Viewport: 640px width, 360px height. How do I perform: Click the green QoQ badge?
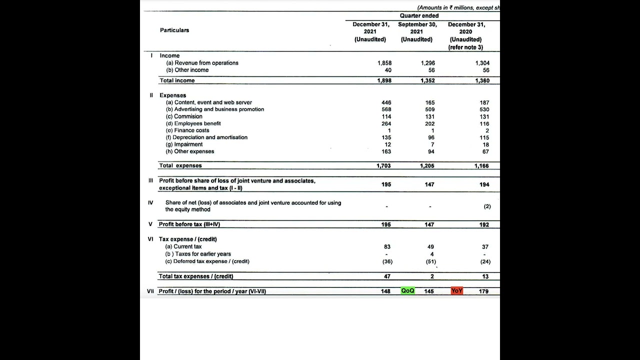click(x=407, y=291)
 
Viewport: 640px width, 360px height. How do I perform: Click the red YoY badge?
click(x=456, y=291)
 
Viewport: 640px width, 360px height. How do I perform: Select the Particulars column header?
click(x=174, y=30)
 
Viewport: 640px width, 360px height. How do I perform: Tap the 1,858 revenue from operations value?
click(x=384, y=63)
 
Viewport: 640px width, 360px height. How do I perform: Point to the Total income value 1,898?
click(x=384, y=80)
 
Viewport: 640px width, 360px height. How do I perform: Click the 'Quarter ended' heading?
click(x=419, y=16)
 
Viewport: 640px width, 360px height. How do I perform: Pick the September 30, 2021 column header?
click(x=417, y=31)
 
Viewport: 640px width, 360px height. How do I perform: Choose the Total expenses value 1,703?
click(x=383, y=166)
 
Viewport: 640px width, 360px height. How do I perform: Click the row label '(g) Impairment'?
click(x=184, y=144)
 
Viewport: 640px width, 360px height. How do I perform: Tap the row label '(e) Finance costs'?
click(x=187, y=130)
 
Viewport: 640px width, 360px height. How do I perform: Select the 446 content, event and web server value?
click(x=386, y=102)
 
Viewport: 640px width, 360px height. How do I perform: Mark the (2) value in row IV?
click(x=487, y=206)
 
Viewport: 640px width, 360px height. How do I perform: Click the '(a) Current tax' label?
click(x=183, y=246)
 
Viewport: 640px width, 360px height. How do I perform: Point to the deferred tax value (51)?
click(x=430, y=261)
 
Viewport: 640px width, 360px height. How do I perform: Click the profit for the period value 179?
click(x=483, y=291)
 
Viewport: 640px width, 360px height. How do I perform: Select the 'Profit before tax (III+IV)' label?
click(x=189, y=224)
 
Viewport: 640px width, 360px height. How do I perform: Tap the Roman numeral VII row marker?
click(x=150, y=291)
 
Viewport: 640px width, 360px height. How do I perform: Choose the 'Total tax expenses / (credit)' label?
click(x=196, y=276)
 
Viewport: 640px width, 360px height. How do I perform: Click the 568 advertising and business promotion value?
click(x=386, y=109)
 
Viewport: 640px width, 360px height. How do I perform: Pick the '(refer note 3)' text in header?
click(x=465, y=47)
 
